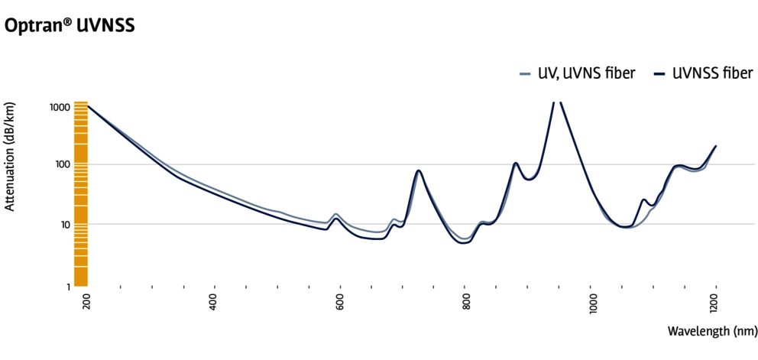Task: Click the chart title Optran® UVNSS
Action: click(x=70, y=25)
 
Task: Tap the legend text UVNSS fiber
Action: click(x=714, y=74)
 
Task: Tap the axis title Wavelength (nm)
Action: click(x=711, y=331)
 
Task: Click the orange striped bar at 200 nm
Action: click(x=80, y=194)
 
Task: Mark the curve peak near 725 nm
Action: click(x=418, y=170)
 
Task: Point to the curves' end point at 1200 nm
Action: click(x=716, y=145)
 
